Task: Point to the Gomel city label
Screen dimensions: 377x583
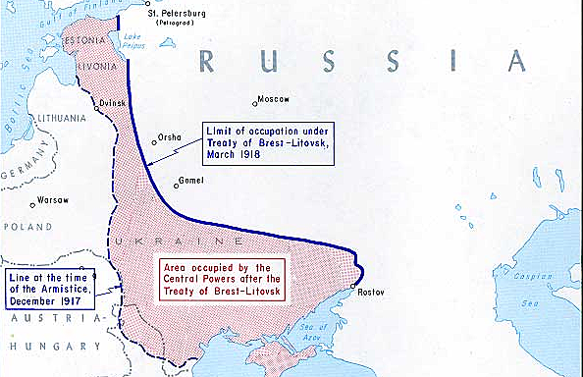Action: coord(190,181)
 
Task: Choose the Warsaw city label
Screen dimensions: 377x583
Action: coord(52,200)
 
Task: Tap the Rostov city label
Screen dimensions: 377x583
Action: coord(369,293)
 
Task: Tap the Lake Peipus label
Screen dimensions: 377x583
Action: coord(130,40)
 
